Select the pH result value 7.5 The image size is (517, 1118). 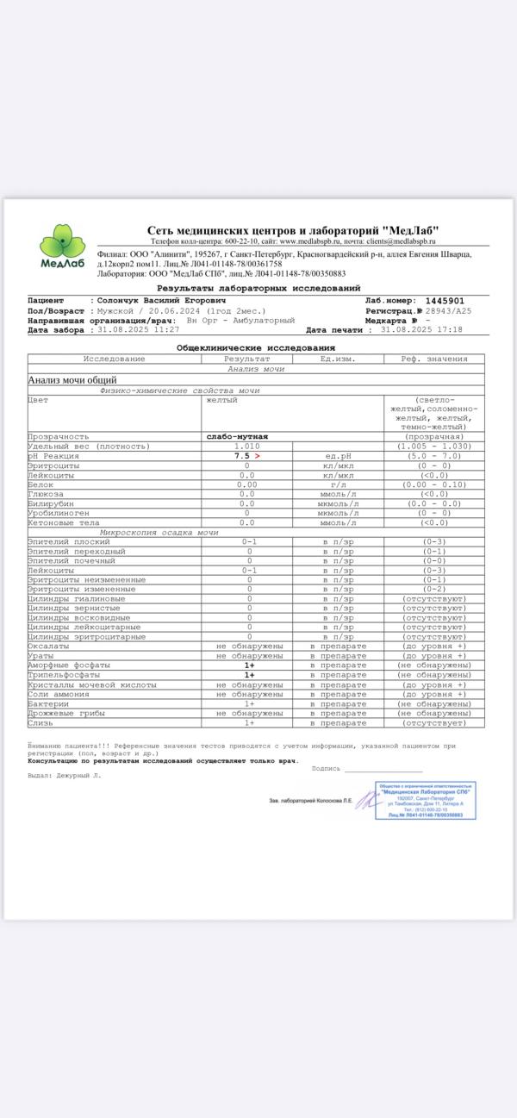242,456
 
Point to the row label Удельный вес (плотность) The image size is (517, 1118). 89,447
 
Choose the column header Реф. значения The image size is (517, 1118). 434,359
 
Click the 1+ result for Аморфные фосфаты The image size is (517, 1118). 249,665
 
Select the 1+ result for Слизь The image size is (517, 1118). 249,722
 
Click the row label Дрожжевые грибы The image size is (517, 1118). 69,713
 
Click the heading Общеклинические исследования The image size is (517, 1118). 256,347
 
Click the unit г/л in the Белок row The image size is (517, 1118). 338,484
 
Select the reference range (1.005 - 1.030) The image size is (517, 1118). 434,447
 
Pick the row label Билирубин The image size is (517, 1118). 51,503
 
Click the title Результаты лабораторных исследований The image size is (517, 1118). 258,288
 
